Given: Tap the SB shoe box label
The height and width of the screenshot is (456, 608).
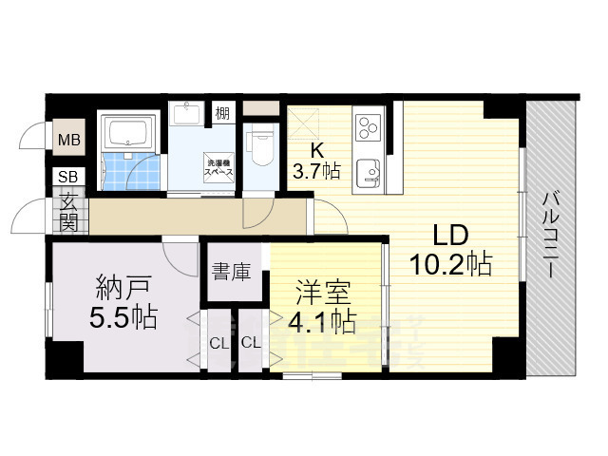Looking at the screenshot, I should point(68,177).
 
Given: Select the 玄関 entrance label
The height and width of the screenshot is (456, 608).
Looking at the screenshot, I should point(70,213).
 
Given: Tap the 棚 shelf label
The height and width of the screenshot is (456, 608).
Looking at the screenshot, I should point(221,113).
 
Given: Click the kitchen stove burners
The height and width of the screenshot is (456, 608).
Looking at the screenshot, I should point(368,126).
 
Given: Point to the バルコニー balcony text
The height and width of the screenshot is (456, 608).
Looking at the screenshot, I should point(551,234).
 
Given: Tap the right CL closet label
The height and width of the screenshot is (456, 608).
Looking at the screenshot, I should point(253,343).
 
